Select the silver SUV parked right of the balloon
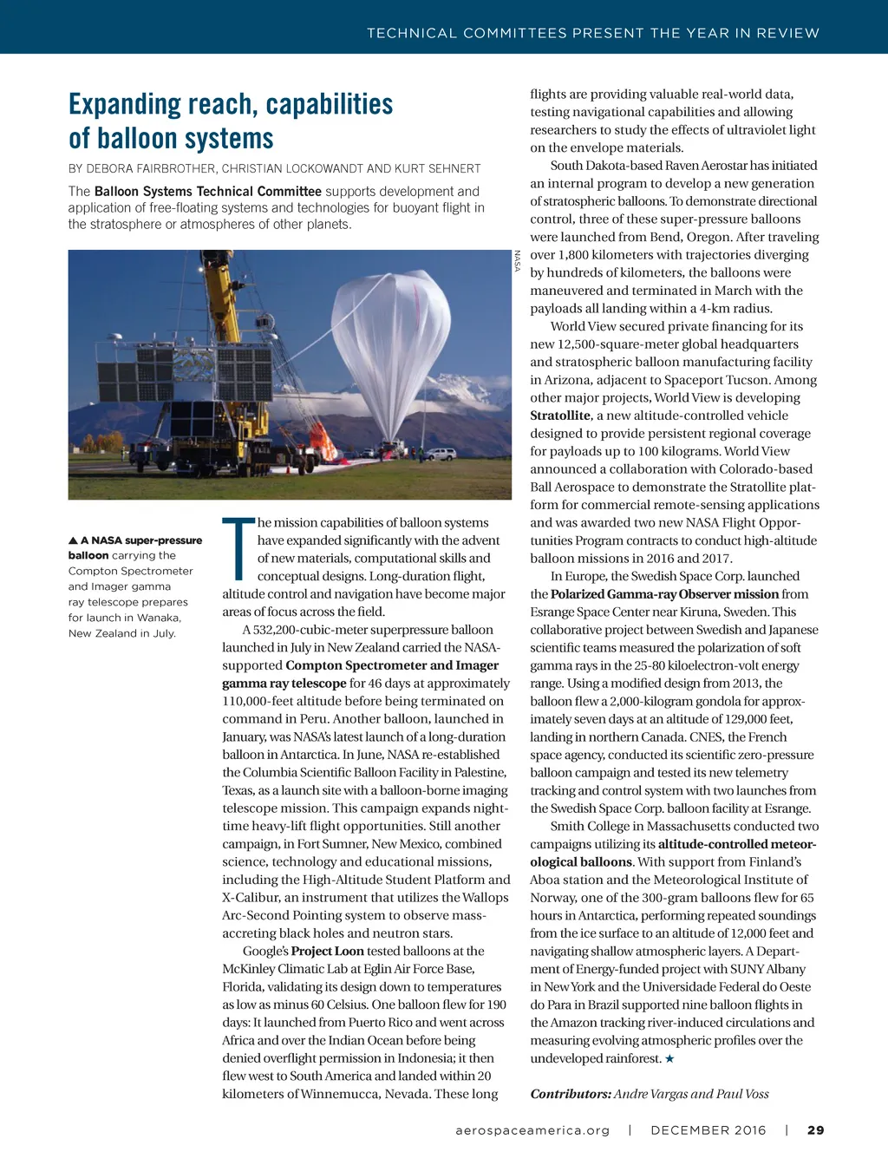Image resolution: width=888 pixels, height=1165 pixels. [x=440, y=454]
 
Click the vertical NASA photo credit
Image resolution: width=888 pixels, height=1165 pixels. [x=518, y=261]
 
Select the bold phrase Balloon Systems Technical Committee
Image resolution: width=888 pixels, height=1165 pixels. [x=207, y=192]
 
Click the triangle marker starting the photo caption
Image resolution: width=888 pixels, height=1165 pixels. [x=73, y=540]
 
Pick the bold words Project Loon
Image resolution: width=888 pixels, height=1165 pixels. [x=316, y=952]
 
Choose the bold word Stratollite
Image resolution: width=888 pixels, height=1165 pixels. [x=560, y=416]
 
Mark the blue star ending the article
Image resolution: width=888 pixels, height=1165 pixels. [x=669, y=1059]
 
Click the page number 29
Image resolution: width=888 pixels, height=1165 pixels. [x=815, y=1130]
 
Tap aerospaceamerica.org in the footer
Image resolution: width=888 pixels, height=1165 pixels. [x=532, y=1130]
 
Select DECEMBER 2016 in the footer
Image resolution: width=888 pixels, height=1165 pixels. [x=708, y=1130]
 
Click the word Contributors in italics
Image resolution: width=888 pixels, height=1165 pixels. [x=570, y=1094]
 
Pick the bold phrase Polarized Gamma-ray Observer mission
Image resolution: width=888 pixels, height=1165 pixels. [x=664, y=594]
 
